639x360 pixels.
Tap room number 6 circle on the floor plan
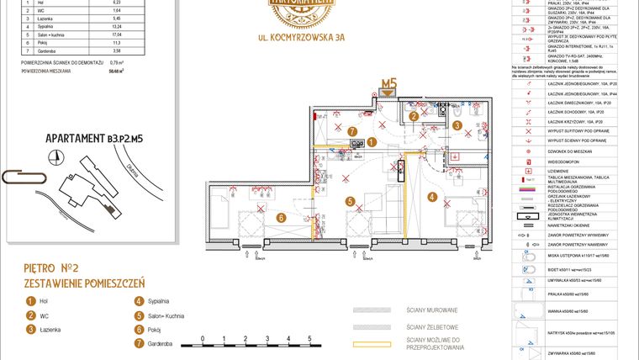click(x=282, y=218)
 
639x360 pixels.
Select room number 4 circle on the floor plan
click(x=432, y=198)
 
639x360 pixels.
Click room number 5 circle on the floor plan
click(x=350, y=201)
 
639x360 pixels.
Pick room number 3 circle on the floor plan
click(x=457, y=125)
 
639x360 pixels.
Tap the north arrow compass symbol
click(x=56, y=156)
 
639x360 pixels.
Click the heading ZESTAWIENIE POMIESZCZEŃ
click(x=85, y=283)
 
